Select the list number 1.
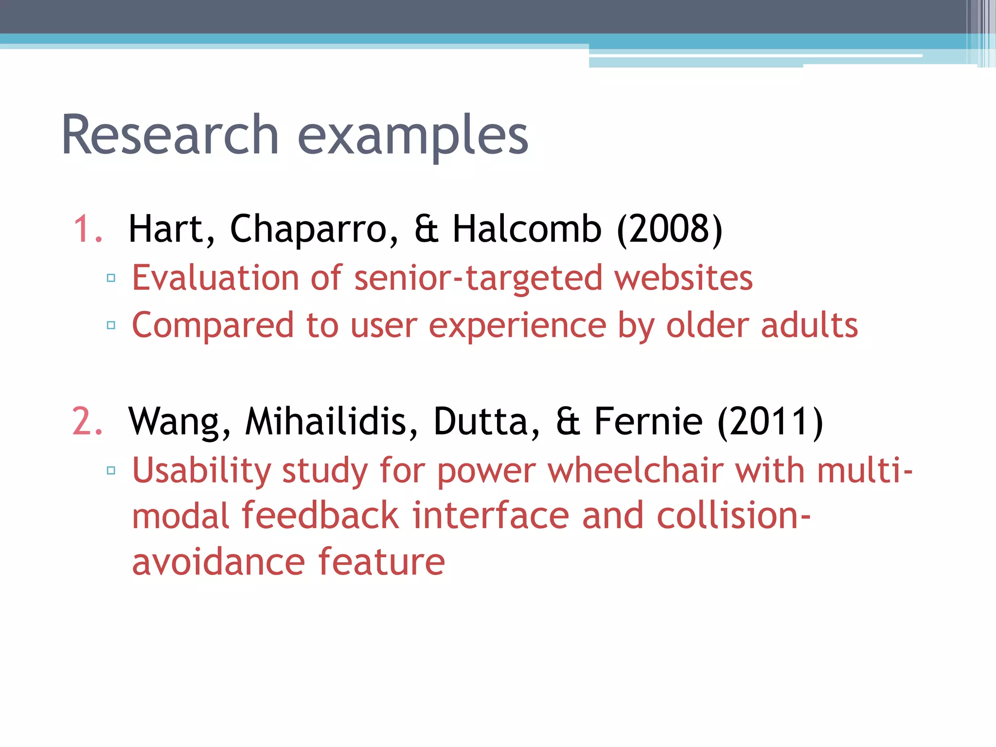click(88, 229)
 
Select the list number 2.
click(88, 421)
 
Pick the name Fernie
click(648, 421)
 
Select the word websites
click(683, 278)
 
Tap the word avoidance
click(218, 562)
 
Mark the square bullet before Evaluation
click(111, 278)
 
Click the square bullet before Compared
click(111, 325)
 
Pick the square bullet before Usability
click(111, 470)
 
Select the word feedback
click(320, 516)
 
